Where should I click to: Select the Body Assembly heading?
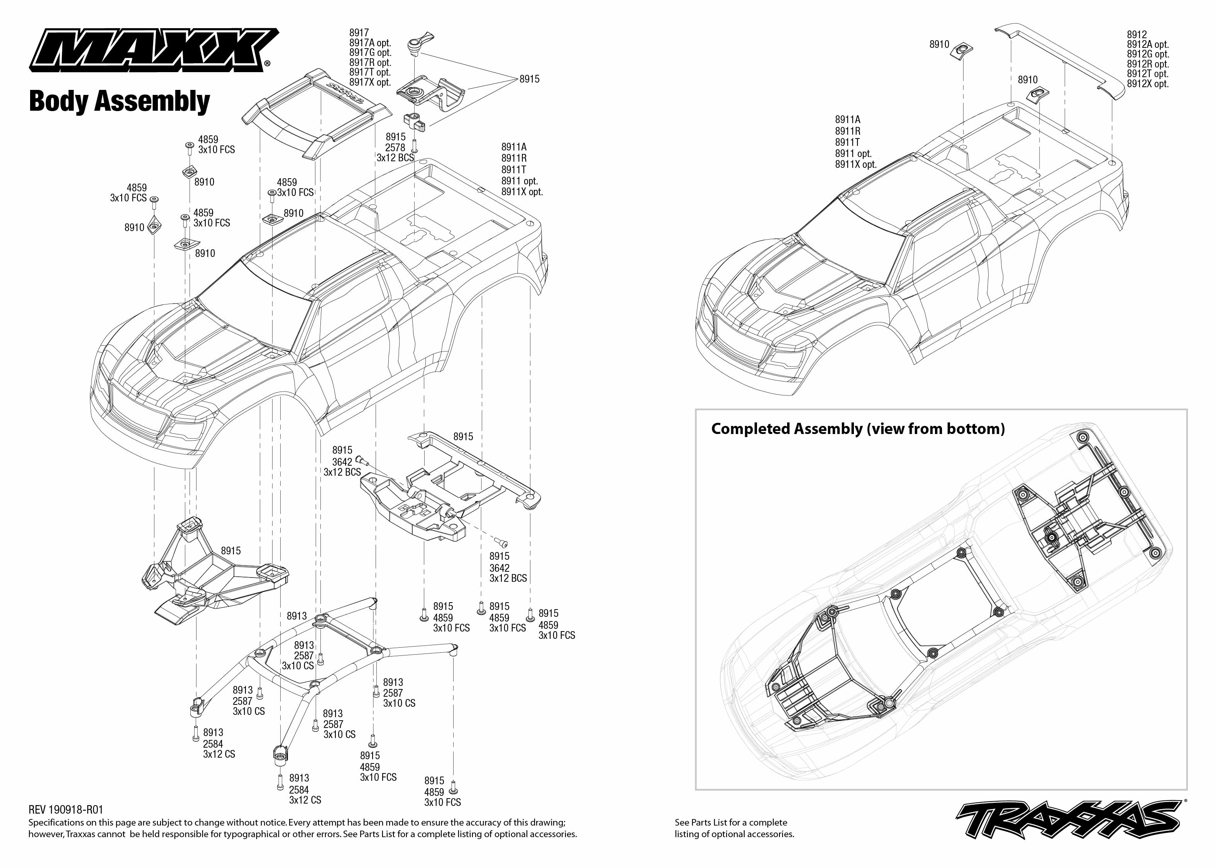pos(119,101)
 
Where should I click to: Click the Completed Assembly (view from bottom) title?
pos(857,429)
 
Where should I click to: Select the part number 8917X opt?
pos(370,82)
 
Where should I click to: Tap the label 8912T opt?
pos(1148,74)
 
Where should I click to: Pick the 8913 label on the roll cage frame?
pos(297,616)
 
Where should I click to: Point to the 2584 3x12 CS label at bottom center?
pos(305,795)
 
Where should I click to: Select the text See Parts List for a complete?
pos(730,822)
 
